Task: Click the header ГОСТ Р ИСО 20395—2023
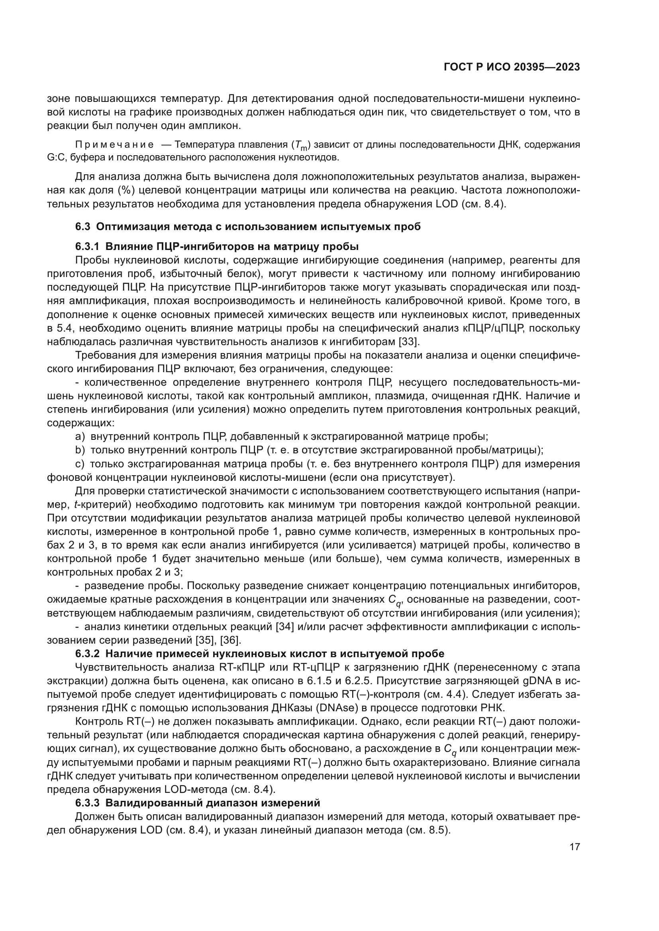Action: coord(512,67)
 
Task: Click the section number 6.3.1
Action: coord(87,246)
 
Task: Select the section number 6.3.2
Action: coord(87,654)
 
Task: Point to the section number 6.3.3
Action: coord(87,803)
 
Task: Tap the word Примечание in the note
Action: coord(115,145)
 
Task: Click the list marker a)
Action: coord(80,436)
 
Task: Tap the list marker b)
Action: coord(80,450)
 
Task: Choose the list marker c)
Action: coord(80,463)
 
